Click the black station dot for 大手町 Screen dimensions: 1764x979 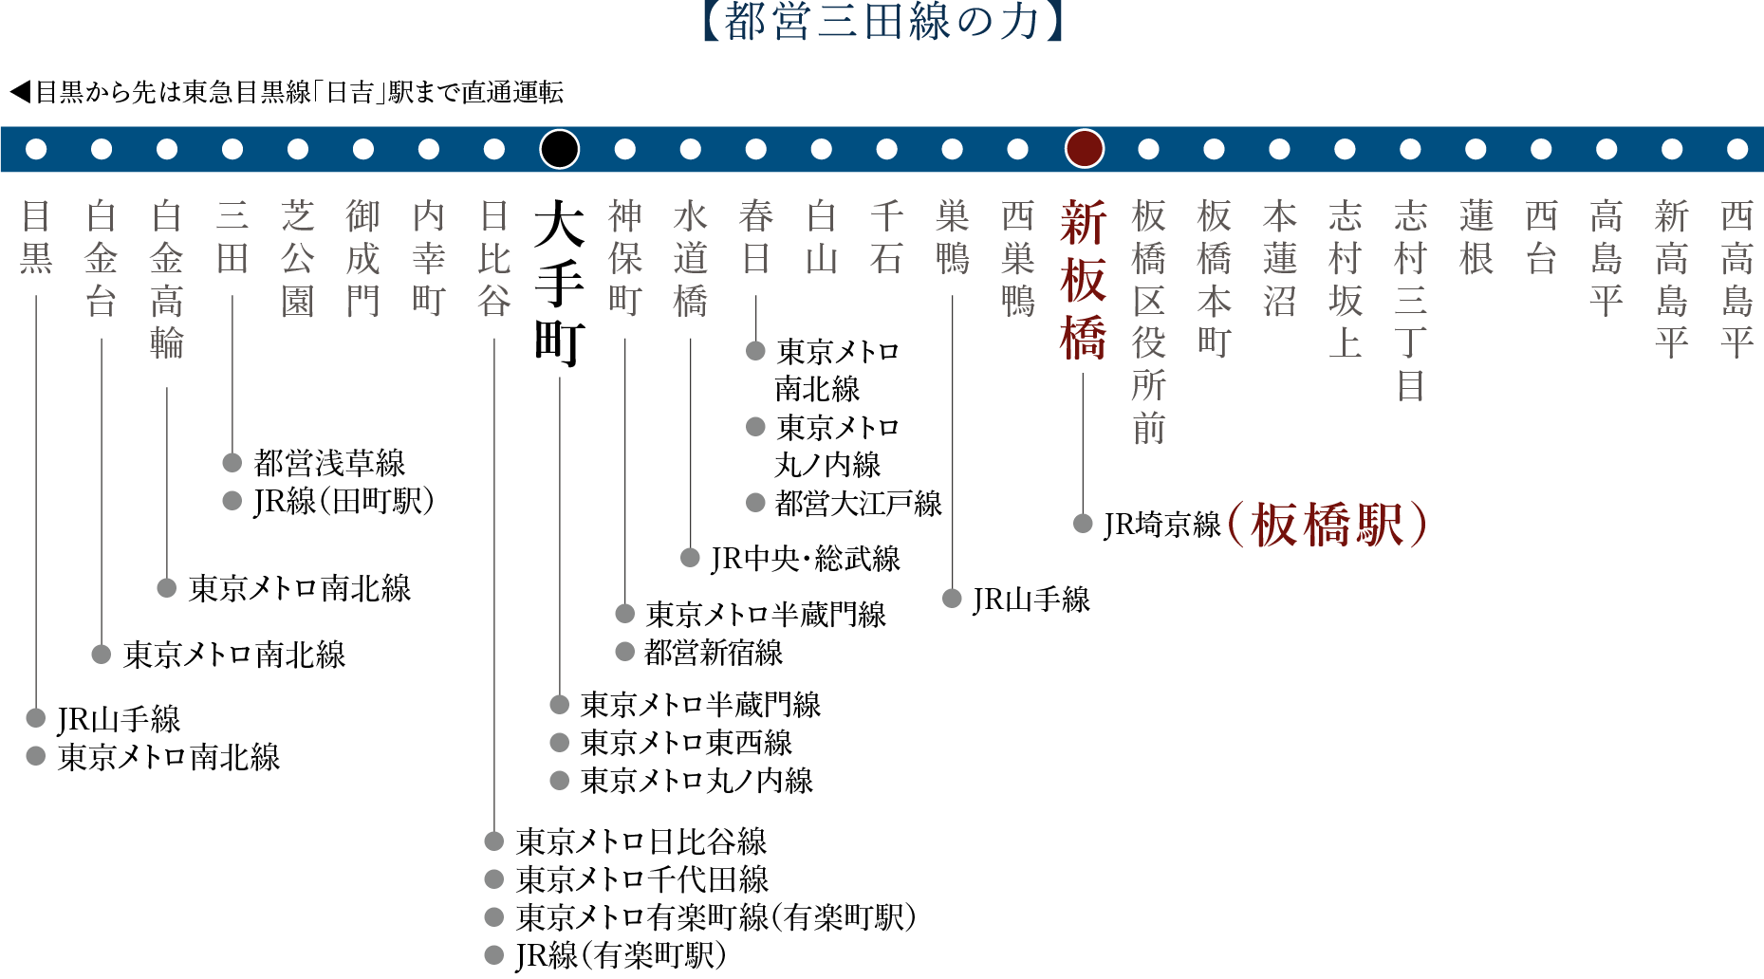click(560, 149)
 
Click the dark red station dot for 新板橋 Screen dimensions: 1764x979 click(1084, 149)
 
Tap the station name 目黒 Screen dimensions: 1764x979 click(36, 237)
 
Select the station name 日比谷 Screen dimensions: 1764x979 click(494, 258)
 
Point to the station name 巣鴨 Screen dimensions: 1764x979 click(953, 237)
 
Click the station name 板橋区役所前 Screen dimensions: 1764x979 click(1149, 323)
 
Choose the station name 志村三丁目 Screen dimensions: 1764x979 click(1411, 301)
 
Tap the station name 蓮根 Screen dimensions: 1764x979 click(1476, 237)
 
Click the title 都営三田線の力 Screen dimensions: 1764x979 click(882, 22)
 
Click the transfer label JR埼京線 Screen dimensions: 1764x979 click(1162, 525)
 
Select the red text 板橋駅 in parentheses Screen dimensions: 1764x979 click(1327, 525)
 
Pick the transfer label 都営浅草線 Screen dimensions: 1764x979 click(329, 463)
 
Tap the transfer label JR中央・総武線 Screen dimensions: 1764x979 click(806, 559)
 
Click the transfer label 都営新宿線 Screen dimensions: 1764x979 click(714, 653)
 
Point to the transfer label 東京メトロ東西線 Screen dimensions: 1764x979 click(686, 743)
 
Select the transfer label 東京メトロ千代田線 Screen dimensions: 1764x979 click(642, 879)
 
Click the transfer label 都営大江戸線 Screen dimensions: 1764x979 click(858, 504)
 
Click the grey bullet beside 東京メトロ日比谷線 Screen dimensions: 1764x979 click(493, 841)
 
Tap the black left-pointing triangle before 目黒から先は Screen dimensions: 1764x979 click(20, 92)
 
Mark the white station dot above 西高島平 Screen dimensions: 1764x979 click(1737, 149)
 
